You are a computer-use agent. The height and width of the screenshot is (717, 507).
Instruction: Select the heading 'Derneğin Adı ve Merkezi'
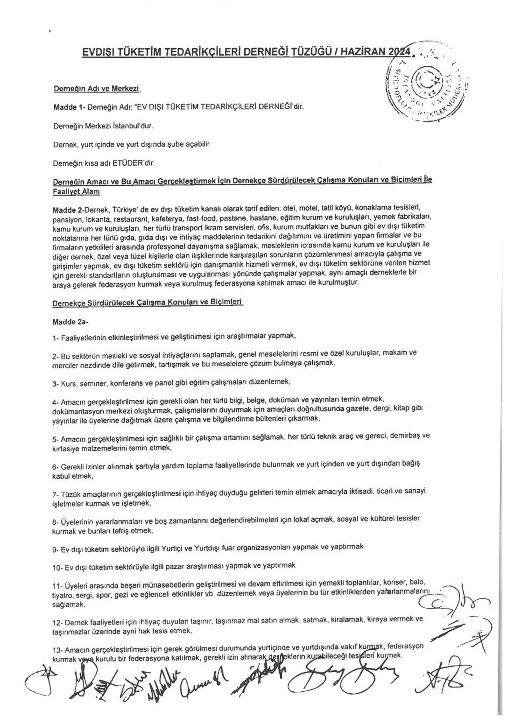pyautogui.click(x=97, y=89)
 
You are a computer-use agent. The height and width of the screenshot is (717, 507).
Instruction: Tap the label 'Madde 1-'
pyautogui.click(x=69, y=107)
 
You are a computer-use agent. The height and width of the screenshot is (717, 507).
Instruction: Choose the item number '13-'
pyautogui.click(x=58, y=650)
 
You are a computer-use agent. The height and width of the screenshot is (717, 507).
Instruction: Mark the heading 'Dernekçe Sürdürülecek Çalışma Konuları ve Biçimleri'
pyautogui.click(x=148, y=302)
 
